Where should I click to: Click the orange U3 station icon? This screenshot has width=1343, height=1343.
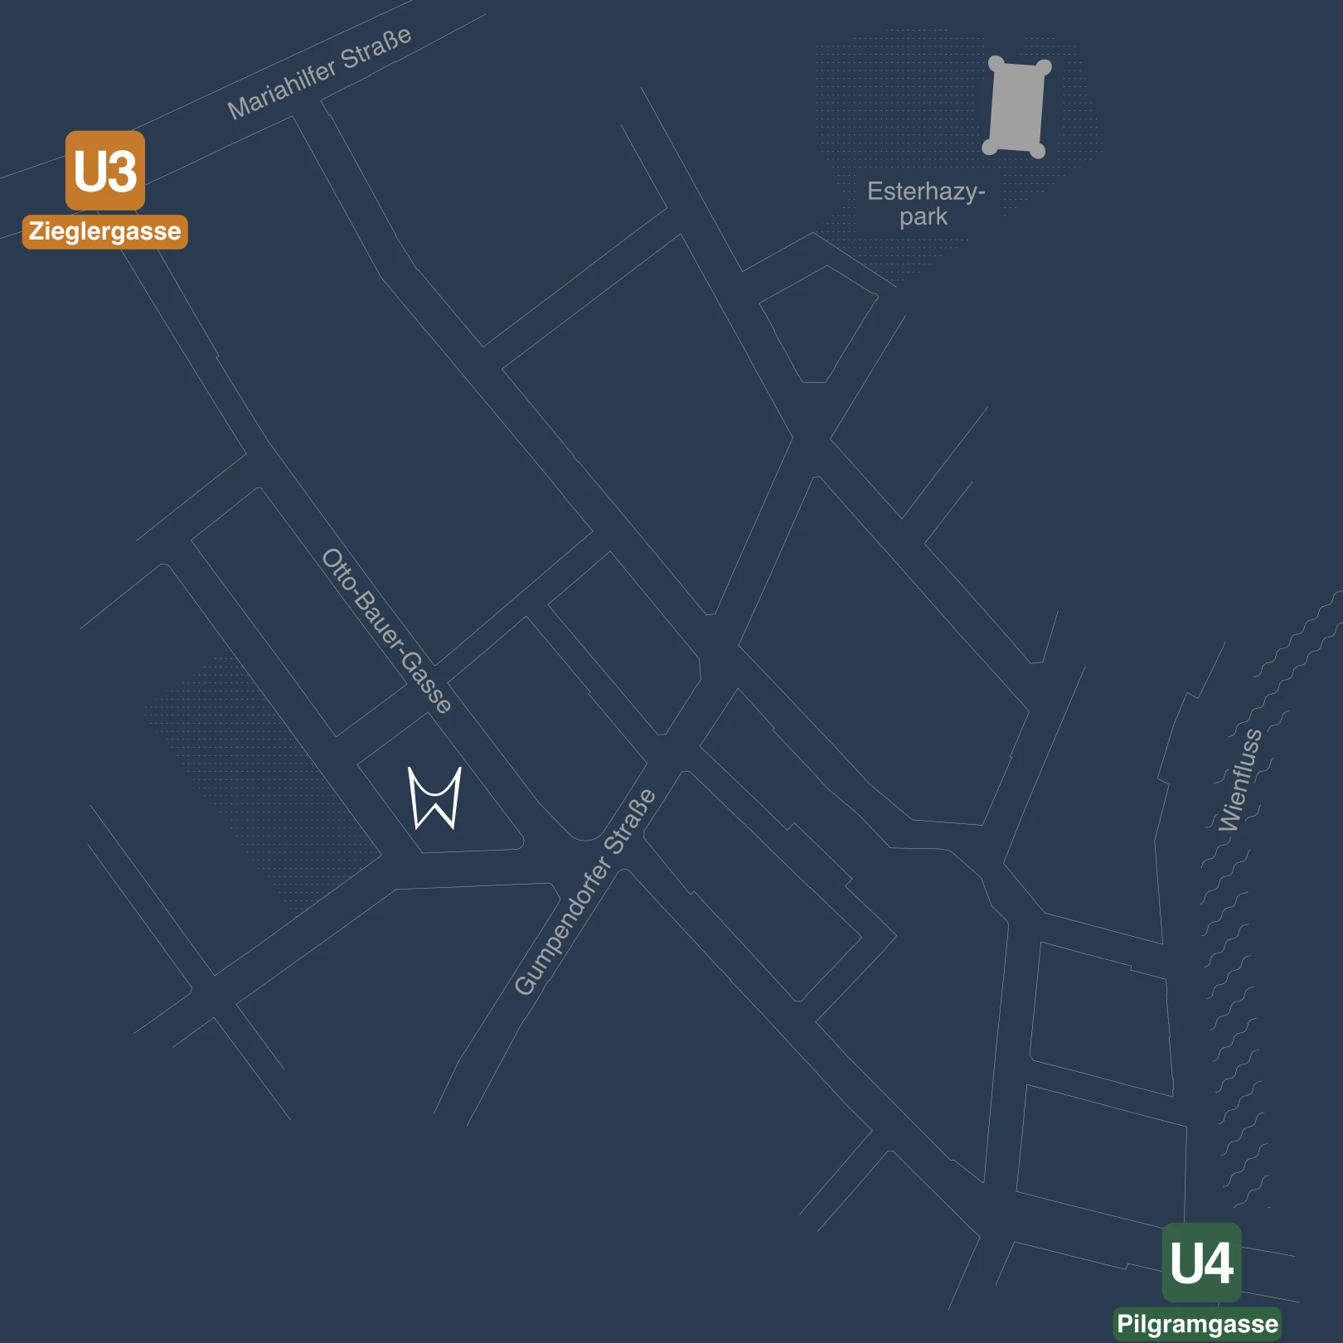(x=105, y=170)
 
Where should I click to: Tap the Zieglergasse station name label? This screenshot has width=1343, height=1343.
(x=105, y=231)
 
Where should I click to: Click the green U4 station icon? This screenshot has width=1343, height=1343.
(x=1201, y=1262)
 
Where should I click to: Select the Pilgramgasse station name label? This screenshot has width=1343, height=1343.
(x=1197, y=1324)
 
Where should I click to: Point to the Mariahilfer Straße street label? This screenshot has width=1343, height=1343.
(x=319, y=73)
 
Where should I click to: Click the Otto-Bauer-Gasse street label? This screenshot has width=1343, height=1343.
(x=386, y=630)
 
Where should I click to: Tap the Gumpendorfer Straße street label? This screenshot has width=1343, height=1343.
(x=584, y=892)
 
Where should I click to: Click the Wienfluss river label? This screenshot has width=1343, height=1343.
(x=1240, y=779)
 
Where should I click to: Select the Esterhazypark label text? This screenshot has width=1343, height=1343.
(x=925, y=204)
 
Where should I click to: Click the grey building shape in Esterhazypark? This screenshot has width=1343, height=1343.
(x=1016, y=106)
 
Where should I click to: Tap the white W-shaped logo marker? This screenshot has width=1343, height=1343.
(x=434, y=798)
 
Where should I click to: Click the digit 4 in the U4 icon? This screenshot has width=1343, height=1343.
(x=1218, y=1263)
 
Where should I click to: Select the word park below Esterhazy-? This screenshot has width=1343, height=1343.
(x=924, y=217)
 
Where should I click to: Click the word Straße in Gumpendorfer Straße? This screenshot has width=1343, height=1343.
(x=631, y=821)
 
